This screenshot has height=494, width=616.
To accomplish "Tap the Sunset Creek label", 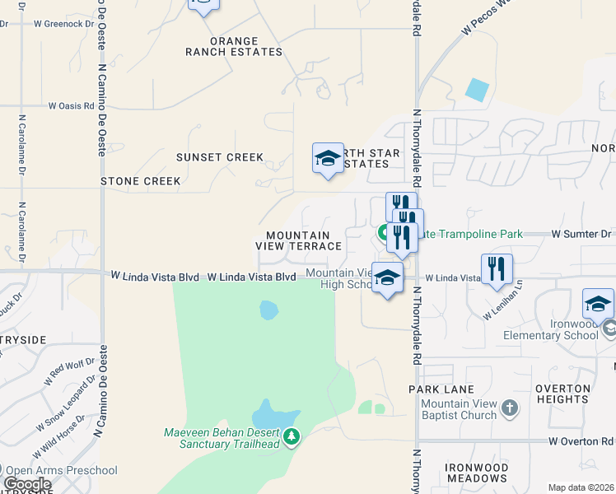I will pos(220,157).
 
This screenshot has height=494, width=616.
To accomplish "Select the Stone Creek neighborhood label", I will pos(140,180).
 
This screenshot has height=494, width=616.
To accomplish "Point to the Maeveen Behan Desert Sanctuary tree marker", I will pos(291,436).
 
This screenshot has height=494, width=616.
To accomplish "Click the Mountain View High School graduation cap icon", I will pos(387,277).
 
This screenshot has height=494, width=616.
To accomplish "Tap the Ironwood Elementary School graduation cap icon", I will pos(598,304).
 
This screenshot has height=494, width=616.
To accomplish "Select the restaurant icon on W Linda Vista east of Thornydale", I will pos(497,269).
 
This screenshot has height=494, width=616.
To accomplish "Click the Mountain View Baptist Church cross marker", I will pos(510,408).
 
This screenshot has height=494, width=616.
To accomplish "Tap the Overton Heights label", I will pos(562,394).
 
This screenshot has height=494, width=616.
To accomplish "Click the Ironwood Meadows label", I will pos(476,473).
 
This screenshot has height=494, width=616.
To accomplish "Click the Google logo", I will pos(26,484).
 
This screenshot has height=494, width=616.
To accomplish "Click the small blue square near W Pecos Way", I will pos(475,90).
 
